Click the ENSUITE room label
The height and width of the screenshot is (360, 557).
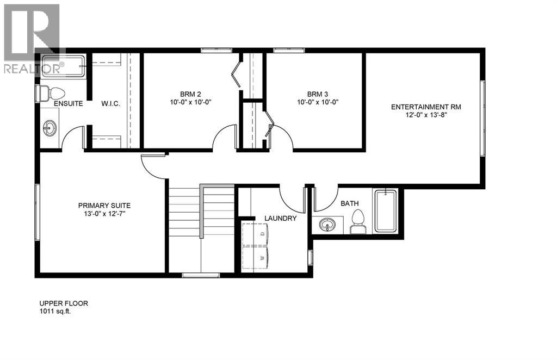(68, 103)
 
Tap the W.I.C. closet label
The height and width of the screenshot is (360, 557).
(110, 103)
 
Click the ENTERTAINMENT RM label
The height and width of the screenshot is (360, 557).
(426, 107)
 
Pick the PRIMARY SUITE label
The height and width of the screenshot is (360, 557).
(104, 206)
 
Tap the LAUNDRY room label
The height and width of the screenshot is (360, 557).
(280, 219)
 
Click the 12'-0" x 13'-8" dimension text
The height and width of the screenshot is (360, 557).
(426, 115)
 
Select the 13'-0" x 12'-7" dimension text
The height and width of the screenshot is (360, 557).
(104, 214)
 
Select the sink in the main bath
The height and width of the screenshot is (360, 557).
(327, 224)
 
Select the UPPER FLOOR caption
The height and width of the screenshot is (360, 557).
(63, 304)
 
